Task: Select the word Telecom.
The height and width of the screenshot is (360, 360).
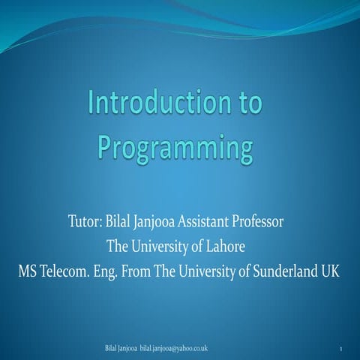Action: coord(68,271)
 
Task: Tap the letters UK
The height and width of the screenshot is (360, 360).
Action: coord(330,271)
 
